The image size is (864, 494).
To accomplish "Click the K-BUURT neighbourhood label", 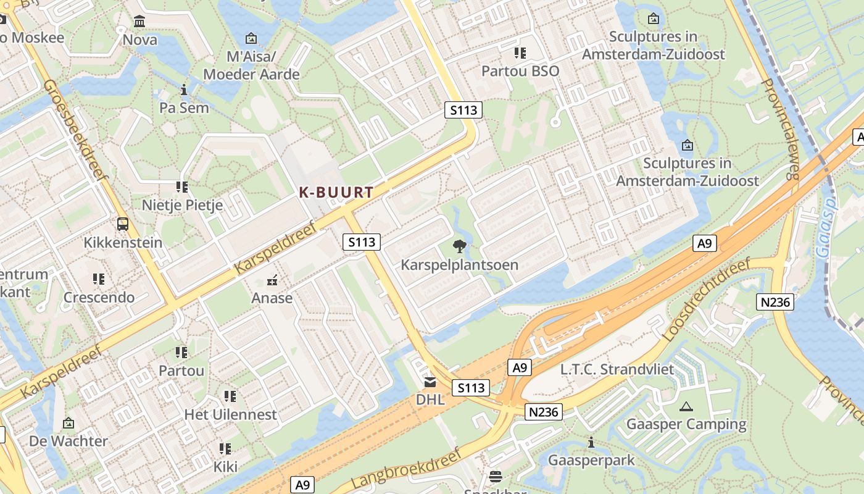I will [x=336, y=193].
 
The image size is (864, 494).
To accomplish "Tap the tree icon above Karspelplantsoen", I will [x=459, y=247].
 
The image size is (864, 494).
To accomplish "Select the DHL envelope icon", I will [x=430, y=382].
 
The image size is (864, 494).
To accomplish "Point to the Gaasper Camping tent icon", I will [x=686, y=406].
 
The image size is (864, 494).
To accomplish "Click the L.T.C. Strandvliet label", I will [x=617, y=369].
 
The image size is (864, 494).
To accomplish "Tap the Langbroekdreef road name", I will [x=406, y=471].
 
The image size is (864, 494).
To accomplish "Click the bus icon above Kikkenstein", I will [x=123, y=224].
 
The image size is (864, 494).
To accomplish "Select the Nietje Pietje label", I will [x=182, y=205].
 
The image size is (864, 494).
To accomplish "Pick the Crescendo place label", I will [x=99, y=298].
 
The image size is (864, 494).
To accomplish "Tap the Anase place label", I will [x=272, y=298].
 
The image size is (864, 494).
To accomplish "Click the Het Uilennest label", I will [x=230, y=414].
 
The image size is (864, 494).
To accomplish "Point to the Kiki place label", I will [x=225, y=466].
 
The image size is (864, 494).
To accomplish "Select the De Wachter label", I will [x=68, y=441].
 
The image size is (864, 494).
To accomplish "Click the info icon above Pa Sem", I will [x=183, y=90].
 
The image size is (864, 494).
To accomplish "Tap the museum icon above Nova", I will [x=139, y=22].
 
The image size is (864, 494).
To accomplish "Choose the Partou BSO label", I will [x=520, y=71].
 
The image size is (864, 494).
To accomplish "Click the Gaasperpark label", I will [x=591, y=461].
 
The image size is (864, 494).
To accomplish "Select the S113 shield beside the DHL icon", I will [x=471, y=388].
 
